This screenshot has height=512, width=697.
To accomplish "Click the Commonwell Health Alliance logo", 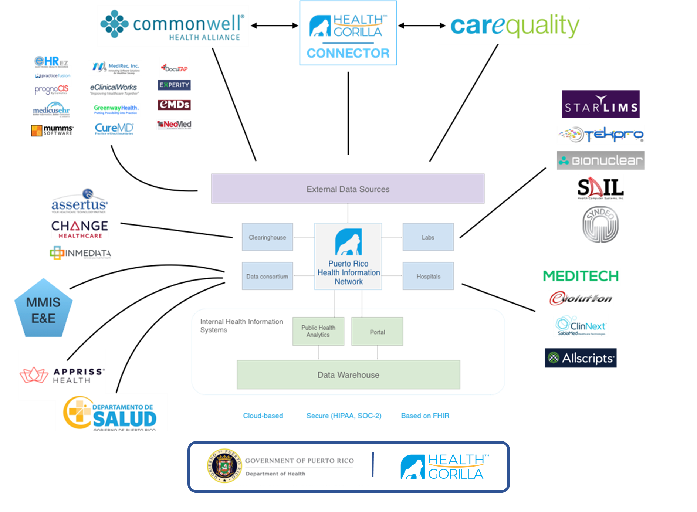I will pos(173,26).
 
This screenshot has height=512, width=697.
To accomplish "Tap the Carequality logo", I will pos(514,26).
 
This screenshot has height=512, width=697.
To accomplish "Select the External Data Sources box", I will pos(348,189).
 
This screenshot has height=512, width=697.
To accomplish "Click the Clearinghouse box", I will pos(267,237).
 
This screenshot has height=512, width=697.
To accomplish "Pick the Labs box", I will pos(428,237).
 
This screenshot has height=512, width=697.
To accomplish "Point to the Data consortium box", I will pos(267,276).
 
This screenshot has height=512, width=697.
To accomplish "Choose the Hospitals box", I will pos(428,276).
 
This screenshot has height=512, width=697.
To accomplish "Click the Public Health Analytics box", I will pos(318,331).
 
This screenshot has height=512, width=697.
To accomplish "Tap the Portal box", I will pos(377,332).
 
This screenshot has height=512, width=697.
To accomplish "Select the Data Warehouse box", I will pos(348,375).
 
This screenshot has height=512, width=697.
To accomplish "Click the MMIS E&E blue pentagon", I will pos(43,309).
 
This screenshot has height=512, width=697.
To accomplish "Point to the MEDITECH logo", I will pos(581,276).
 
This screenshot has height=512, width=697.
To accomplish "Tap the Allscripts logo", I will pos(581,358).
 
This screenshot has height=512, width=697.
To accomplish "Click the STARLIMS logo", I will pos(600,104).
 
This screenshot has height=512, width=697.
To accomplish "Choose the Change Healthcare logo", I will pos(80,229).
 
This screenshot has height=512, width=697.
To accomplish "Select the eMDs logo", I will pos(174,105).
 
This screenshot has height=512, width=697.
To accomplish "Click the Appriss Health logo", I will pos(62,375).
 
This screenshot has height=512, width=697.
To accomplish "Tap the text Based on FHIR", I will pos(425,416).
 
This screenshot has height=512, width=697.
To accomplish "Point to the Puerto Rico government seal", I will pos(224,466).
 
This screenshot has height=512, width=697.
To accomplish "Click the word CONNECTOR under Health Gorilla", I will pos(348,53).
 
